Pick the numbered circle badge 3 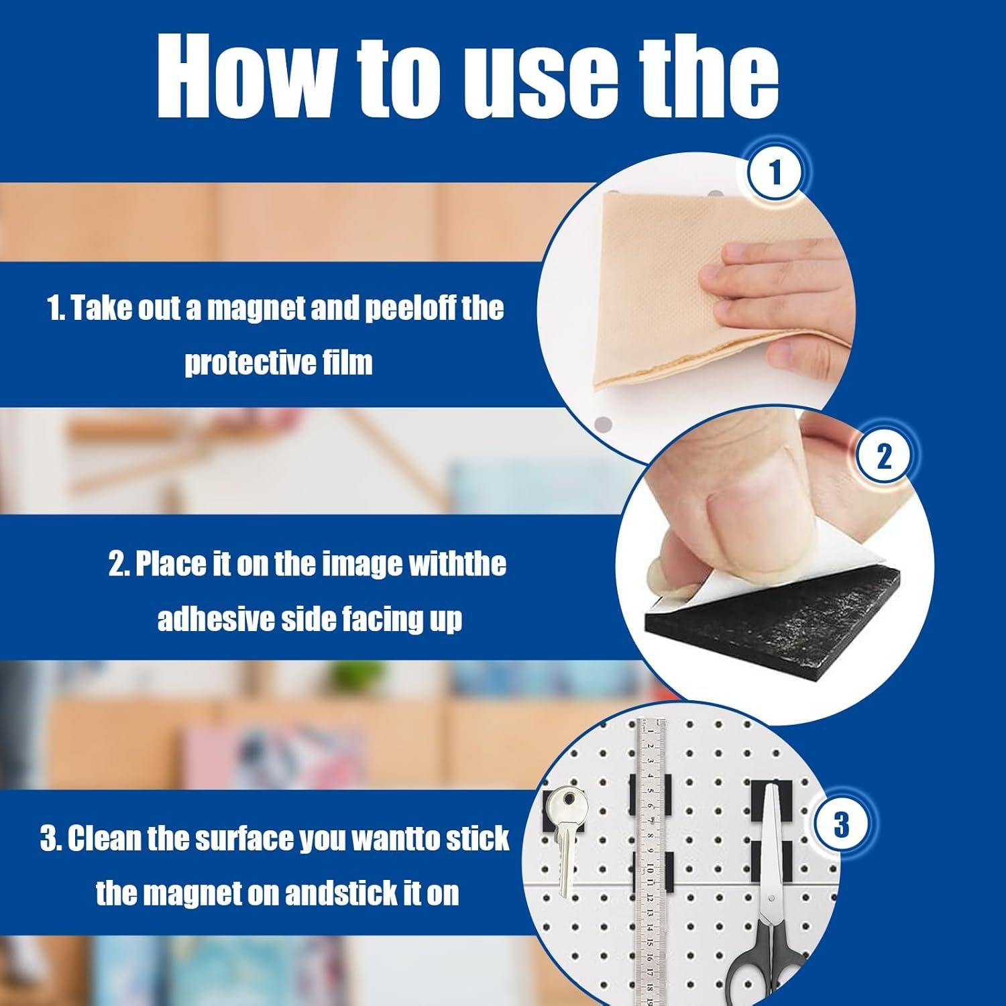point(841,823)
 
